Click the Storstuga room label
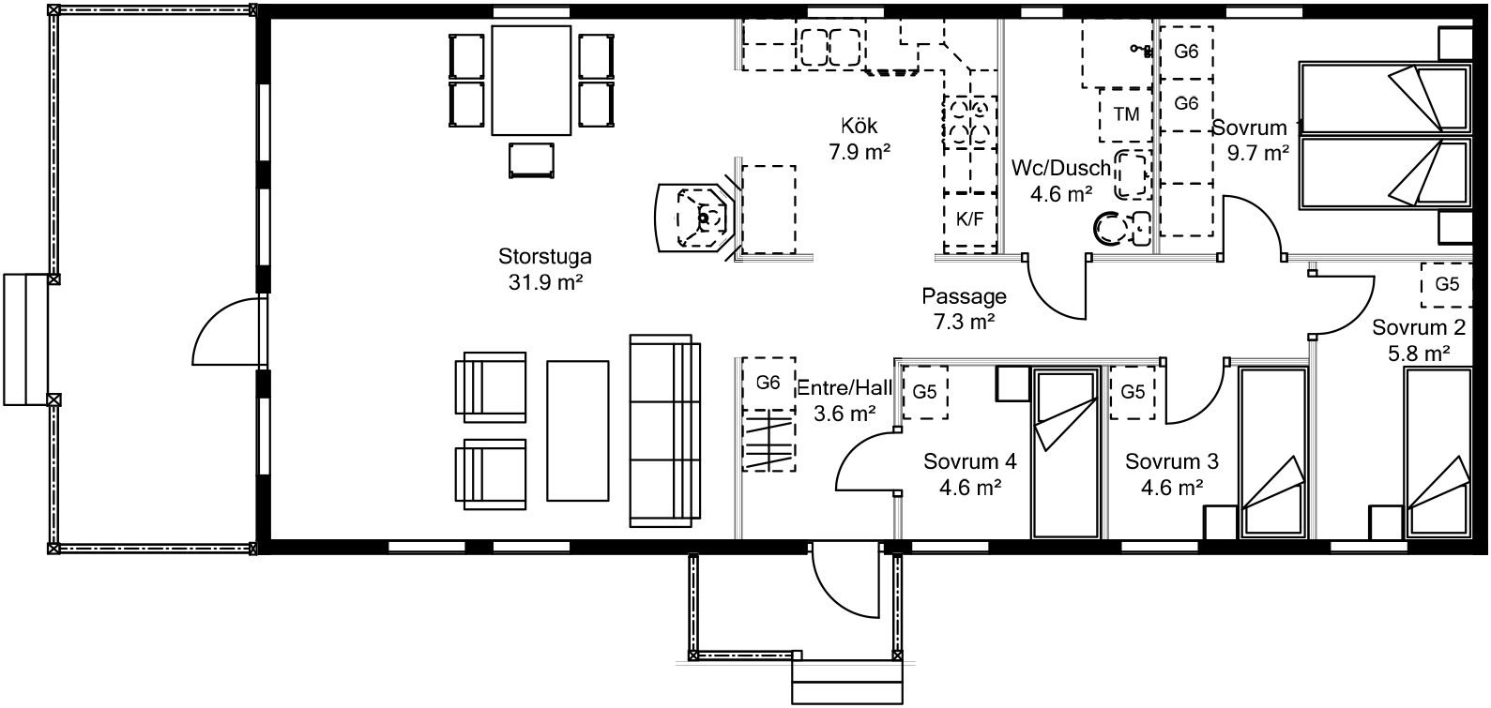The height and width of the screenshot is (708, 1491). pyautogui.click(x=544, y=256)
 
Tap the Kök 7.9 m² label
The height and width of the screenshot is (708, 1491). pyautogui.click(x=860, y=139)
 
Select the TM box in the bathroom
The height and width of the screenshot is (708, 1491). pyautogui.click(x=1126, y=114)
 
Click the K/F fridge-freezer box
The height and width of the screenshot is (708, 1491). pyautogui.click(x=969, y=219)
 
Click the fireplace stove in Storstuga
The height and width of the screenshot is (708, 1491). pyautogui.click(x=695, y=218)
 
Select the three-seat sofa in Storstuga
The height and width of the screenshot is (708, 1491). pyautogui.click(x=665, y=431)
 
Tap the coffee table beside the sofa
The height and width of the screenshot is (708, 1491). pyautogui.click(x=578, y=430)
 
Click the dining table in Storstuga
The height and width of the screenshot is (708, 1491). pyautogui.click(x=531, y=81)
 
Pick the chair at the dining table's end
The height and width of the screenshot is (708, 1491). pyautogui.click(x=531, y=160)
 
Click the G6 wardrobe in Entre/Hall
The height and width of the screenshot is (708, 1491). pyautogui.click(x=768, y=383)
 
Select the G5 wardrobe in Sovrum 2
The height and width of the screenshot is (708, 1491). pyautogui.click(x=1446, y=285)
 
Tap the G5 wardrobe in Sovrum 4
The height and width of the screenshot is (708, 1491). pyautogui.click(x=925, y=393)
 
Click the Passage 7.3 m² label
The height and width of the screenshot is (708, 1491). pyautogui.click(x=964, y=309)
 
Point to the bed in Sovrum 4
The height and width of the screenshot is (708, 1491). pyautogui.click(x=1064, y=453)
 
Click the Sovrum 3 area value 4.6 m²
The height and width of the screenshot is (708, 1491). pyautogui.click(x=1171, y=488)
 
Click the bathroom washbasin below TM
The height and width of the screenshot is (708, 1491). pyautogui.click(x=1133, y=174)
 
